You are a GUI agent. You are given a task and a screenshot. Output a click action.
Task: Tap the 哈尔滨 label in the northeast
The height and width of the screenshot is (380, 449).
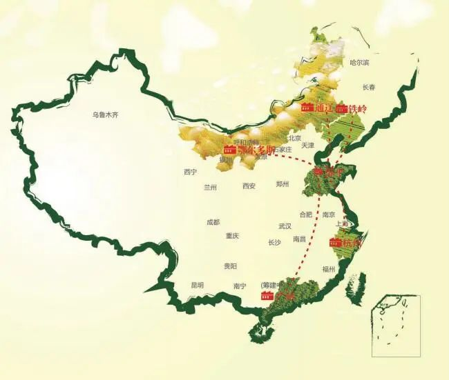(359, 63)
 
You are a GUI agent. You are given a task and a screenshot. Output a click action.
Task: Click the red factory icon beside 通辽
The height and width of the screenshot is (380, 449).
(307, 108)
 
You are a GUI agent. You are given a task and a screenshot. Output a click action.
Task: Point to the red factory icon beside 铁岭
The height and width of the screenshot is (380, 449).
(341, 108)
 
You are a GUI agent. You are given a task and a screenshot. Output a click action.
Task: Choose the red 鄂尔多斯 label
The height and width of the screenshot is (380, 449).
(256, 150)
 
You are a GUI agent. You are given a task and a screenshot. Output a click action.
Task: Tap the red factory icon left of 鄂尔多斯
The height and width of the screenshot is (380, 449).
(230, 150)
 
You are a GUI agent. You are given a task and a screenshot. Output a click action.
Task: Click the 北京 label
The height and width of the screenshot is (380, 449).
(296, 137)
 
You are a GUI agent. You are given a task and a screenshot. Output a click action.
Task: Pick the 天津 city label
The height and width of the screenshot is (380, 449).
(307, 146)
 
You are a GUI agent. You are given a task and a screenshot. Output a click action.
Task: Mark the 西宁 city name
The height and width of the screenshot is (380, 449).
(191, 172)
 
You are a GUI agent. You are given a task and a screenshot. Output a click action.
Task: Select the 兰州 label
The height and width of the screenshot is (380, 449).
(210, 187)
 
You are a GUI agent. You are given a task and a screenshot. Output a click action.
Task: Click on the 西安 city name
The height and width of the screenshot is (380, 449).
(249, 186)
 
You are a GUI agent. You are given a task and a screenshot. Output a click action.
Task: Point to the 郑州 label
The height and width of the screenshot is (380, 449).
(283, 184)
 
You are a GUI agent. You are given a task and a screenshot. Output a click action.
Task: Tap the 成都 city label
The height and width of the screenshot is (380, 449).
(213, 222)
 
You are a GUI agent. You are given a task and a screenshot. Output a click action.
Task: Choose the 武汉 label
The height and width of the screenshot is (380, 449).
(285, 226)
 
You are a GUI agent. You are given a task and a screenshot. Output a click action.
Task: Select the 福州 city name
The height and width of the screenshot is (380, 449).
(329, 269)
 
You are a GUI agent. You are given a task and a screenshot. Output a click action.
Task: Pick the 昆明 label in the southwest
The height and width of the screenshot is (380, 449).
(198, 285)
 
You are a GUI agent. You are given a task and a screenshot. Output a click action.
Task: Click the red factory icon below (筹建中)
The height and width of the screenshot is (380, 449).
(267, 296)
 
